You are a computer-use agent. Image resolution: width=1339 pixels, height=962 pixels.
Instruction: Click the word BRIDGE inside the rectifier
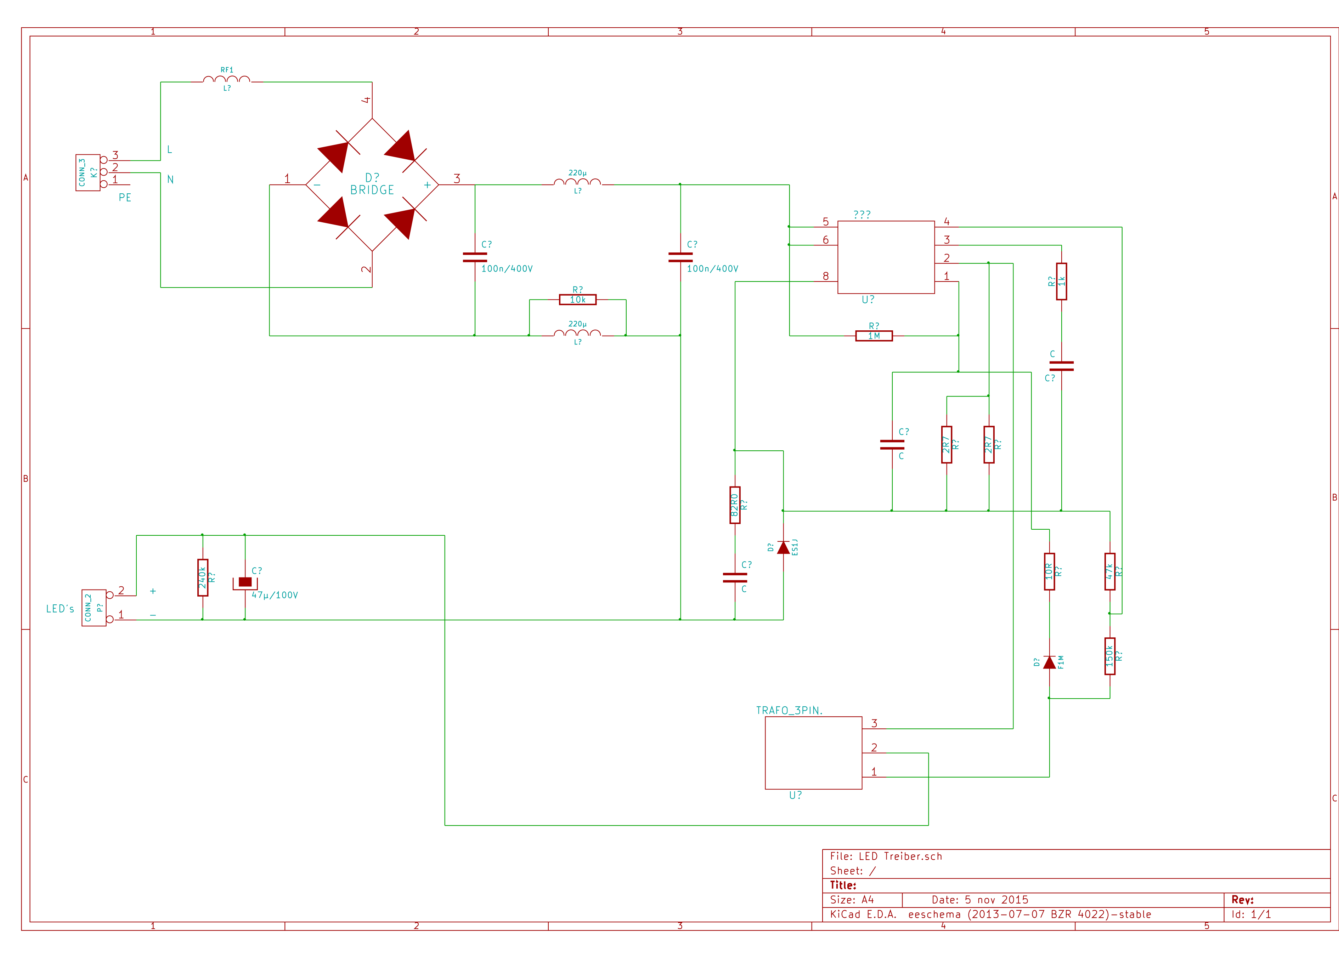372,190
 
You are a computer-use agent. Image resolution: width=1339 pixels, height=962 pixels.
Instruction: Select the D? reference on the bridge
372,178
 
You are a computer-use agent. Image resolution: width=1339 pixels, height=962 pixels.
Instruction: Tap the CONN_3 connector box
87,173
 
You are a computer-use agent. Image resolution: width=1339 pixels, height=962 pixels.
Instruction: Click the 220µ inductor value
577,173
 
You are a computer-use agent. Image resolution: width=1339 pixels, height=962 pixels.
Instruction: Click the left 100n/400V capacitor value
507,269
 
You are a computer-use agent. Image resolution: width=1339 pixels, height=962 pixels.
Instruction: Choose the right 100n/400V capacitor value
712,269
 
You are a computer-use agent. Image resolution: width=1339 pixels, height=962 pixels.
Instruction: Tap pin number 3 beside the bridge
457,178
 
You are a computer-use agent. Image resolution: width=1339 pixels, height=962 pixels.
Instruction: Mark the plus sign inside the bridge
427,186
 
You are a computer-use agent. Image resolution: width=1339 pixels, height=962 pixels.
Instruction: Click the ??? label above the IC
861,215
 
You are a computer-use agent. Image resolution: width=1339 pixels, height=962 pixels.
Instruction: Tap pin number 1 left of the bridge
288,178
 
